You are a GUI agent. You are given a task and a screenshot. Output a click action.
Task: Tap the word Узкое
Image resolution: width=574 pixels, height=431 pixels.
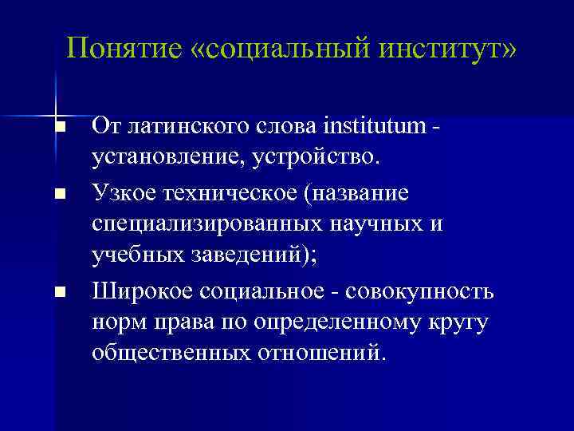click(124, 193)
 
